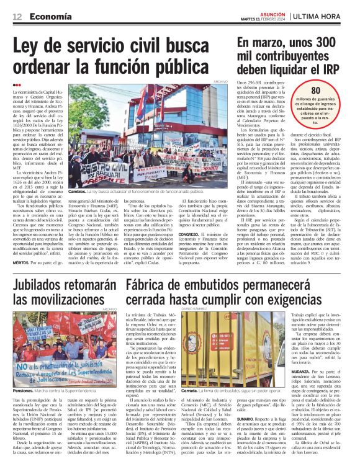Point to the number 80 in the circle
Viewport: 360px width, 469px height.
[x=333, y=91]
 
